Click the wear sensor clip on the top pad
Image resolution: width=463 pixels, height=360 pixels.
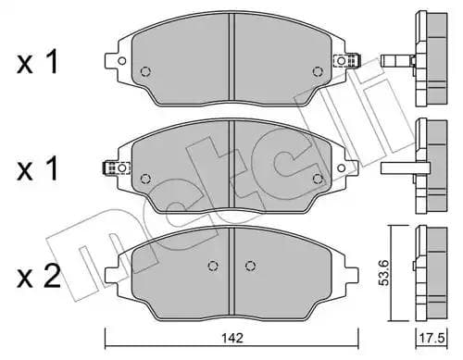(349, 62)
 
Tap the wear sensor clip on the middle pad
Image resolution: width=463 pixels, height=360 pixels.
(110, 168)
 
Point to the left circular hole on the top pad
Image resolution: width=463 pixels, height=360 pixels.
(144, 72)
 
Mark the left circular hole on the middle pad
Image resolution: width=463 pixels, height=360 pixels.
(144, 178)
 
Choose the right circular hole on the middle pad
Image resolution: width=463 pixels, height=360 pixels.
(318, 178)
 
